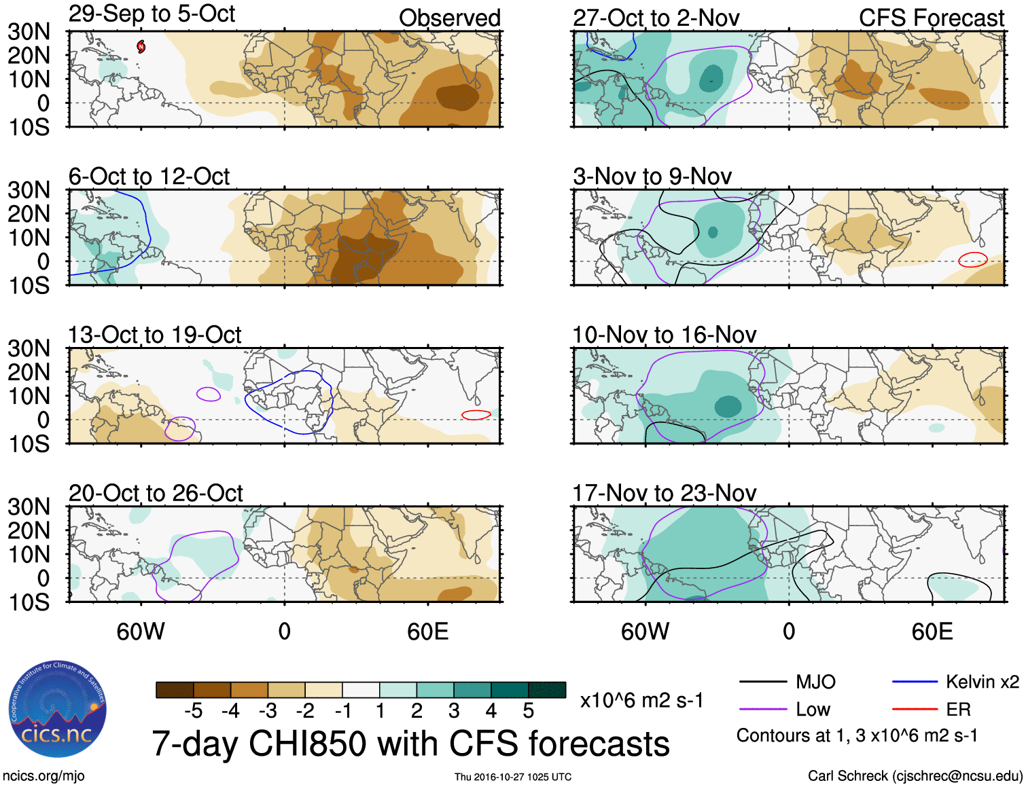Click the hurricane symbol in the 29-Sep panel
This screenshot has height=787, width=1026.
[x=141, y=46]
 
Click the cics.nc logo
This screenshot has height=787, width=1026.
[x=58, y=710]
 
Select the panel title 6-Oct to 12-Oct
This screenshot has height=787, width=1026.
[x=149, y=177]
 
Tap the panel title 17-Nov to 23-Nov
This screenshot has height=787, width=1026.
[x=664, y=493]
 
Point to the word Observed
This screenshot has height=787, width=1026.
[x=449, y=18]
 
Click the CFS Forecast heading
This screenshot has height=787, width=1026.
[x=931, y=18]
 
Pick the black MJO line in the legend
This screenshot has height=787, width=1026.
[x=762, y=682]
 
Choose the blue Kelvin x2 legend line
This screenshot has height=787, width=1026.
[x=915, y=682]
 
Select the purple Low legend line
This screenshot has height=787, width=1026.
[x=762, y=710]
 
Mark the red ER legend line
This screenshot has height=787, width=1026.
[x=915, y=710]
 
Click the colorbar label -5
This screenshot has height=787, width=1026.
[x=193, y=711]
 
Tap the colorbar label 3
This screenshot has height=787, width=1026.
[x=454, y=711]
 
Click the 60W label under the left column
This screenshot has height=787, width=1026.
[x=141, y=632]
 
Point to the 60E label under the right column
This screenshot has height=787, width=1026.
[x=932, y=632]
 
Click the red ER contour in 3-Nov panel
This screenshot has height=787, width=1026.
[x=972, y=259]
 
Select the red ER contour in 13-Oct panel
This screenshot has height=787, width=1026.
[x=476, y=415]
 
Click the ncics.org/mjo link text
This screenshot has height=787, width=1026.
[x=43, y=776]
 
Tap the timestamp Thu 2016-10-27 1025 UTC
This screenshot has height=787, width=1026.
[x=513, y=777]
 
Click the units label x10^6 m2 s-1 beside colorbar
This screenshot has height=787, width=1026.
[x=641, y=700]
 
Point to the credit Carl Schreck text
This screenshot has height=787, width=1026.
[x=915, y=775]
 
